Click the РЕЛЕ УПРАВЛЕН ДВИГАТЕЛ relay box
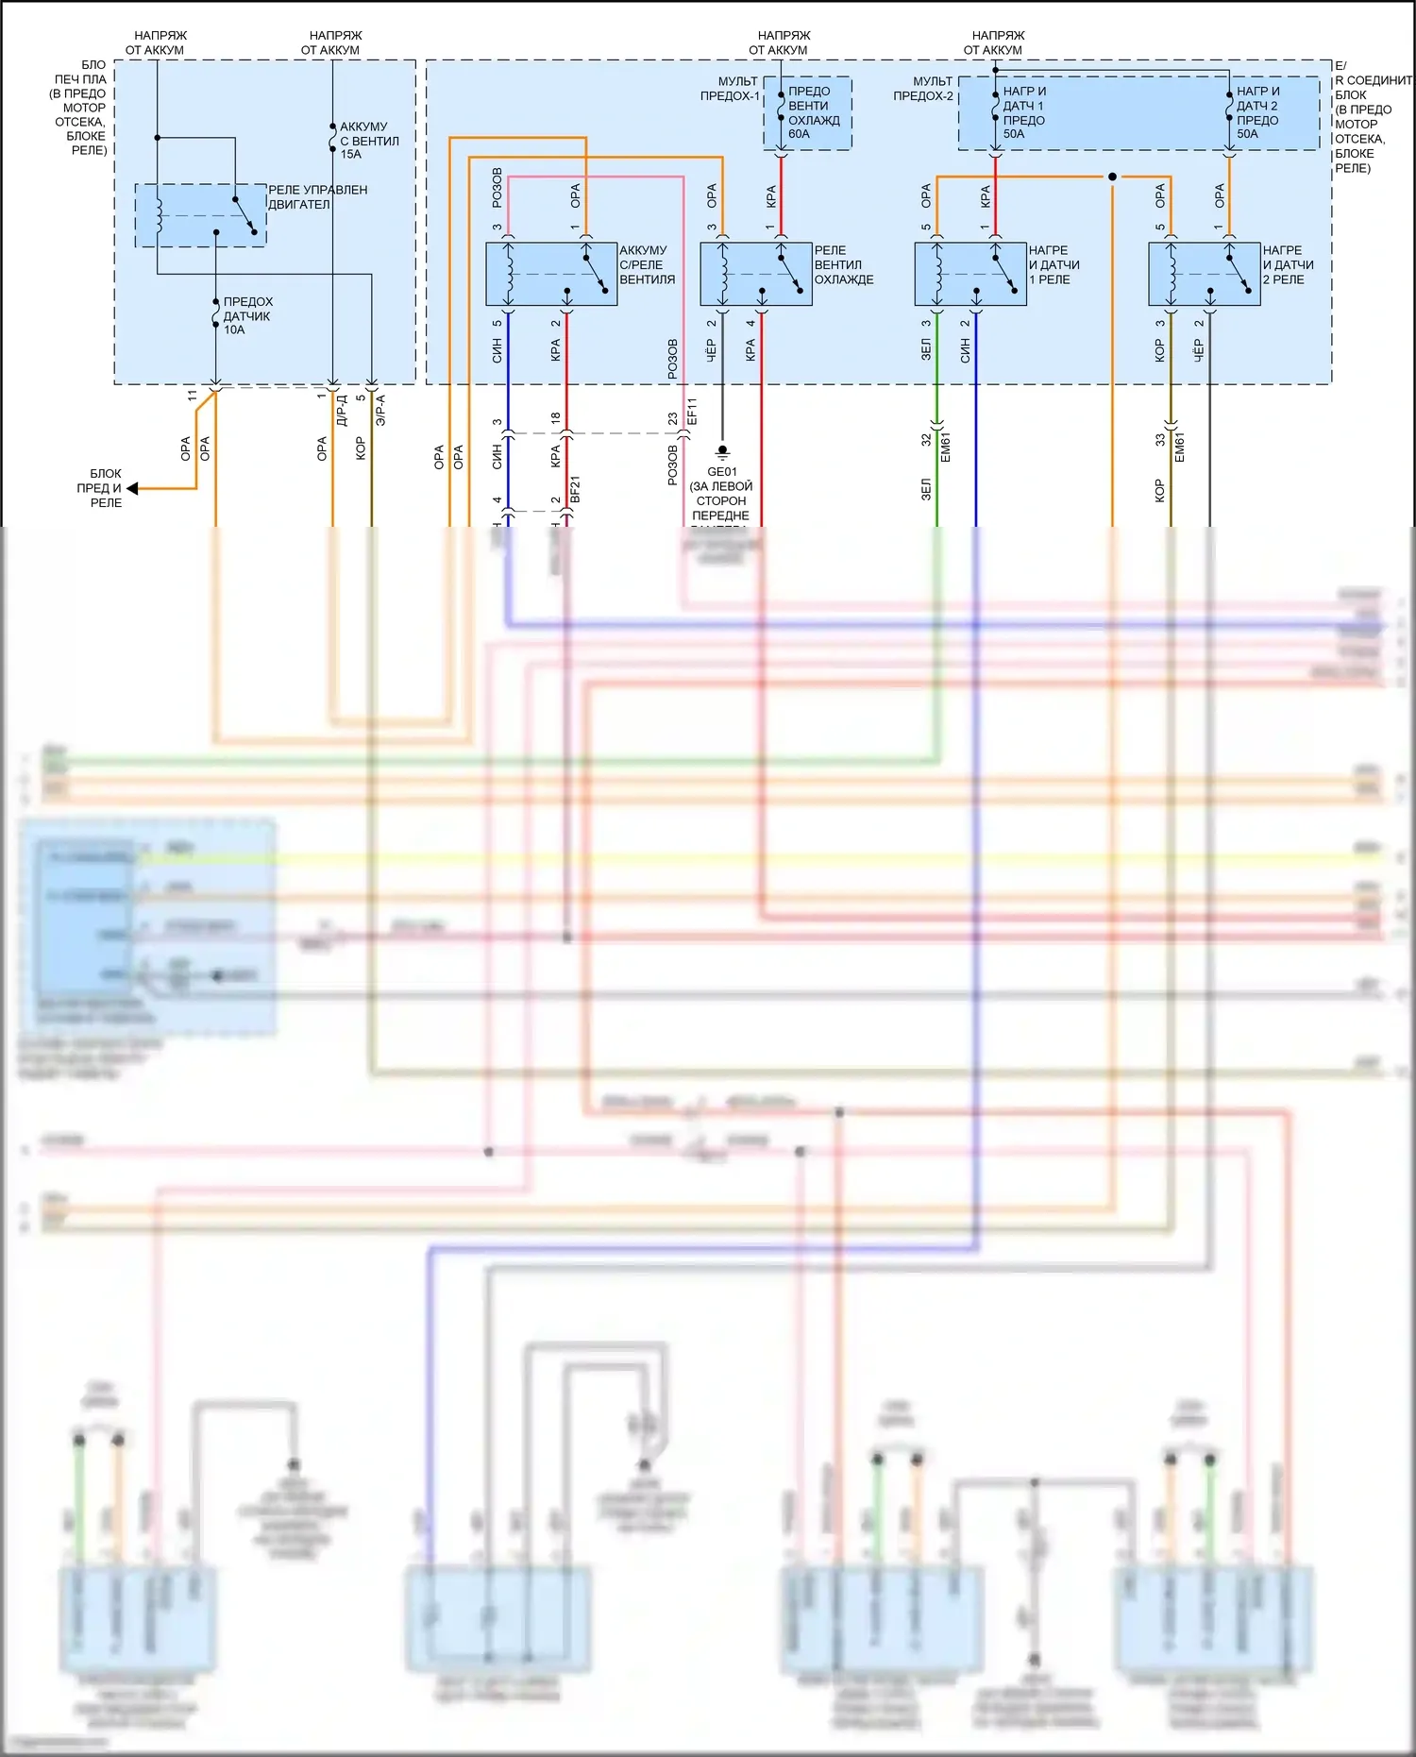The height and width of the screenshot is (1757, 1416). click(200, 215)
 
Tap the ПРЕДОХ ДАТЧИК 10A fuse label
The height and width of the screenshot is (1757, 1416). click(247, 315)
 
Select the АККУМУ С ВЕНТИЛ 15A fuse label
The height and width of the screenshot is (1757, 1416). click(368, 140)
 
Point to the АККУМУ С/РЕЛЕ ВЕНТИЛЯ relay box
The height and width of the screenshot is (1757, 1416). click(551, 274)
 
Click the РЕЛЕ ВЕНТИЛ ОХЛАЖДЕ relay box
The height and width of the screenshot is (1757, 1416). click(755, 274)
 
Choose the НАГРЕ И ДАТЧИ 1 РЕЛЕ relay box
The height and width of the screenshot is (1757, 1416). click(970, 274)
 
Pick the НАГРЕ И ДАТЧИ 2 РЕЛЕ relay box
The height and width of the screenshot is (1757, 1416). click(1205, 274)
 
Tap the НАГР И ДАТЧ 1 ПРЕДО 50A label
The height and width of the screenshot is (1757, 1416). click(1023, 112)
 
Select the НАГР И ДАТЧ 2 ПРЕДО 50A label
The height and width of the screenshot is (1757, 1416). click(1257, 112)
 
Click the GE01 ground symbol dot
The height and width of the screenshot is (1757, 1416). click(722, 449)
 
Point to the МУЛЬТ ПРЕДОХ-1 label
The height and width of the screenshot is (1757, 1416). click(730, 89)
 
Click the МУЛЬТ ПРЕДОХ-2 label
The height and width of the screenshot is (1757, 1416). click(923, 89)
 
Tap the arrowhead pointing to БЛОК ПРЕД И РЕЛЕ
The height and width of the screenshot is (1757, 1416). click(133, 488)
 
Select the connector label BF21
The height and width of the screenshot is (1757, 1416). click(575, 489)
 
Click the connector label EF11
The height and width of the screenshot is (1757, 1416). click(692, 411)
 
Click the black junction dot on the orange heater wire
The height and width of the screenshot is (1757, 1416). click(1112, 177)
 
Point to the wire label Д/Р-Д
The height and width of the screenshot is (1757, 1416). click(342, 411)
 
